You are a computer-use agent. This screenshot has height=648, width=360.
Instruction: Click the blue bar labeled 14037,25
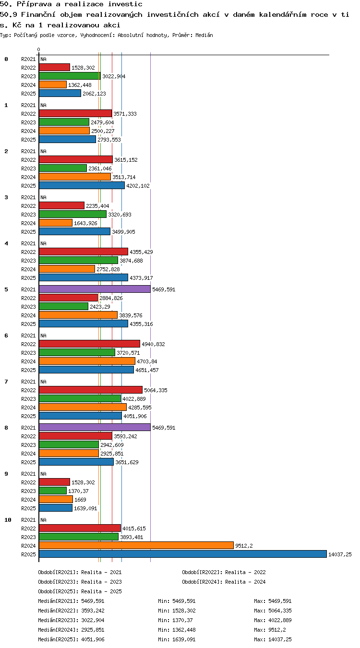(x=182, y=554)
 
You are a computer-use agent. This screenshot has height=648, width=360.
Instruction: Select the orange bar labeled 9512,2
(x=136, y=545)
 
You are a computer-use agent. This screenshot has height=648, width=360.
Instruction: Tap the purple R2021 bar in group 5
(x=95, y=289)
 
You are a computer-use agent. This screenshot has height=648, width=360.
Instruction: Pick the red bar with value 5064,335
(x=91, y=390)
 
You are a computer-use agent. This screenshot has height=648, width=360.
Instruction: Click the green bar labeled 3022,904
(x=70, y=76)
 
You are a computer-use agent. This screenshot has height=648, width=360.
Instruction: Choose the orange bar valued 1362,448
(x=53, y=85)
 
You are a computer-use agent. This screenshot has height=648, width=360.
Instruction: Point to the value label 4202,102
(x=138, y=186)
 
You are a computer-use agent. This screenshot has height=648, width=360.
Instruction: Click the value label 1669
(x=80, y=500)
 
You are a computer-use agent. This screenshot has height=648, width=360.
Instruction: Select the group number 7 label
(x=6, y=382)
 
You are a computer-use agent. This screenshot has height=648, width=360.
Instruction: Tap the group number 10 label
(x=8, y=520)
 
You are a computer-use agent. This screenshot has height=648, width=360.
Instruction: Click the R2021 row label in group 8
(x=28, y=428)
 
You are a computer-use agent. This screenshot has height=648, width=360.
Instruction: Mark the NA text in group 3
(x=43, y=197)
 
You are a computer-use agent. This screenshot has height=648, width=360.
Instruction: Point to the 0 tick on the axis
(x=39, y=49)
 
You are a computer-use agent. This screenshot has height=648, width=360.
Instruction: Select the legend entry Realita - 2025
(x=101, y=591)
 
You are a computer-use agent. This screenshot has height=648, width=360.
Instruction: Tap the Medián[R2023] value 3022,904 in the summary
(x=93, y=620)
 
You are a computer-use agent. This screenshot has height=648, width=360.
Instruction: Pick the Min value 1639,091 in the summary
(x=184, y=639)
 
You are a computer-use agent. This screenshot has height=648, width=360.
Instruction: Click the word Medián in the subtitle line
(x=204, y=36)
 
